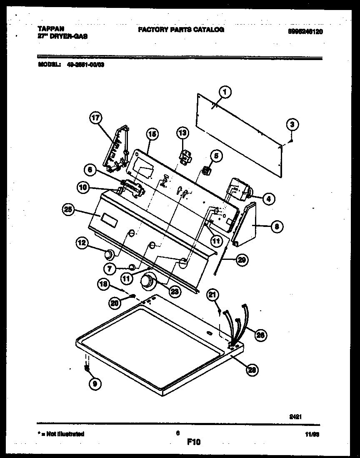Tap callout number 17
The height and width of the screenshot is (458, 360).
coord(95,118)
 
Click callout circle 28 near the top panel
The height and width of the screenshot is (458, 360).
coord(251,369)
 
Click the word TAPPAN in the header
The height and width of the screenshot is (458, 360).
coord(51,30)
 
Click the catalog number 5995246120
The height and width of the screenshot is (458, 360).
coord(305,31)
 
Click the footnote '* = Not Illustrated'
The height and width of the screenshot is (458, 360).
coord(61,434)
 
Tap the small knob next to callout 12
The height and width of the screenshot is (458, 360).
coord(109,254)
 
